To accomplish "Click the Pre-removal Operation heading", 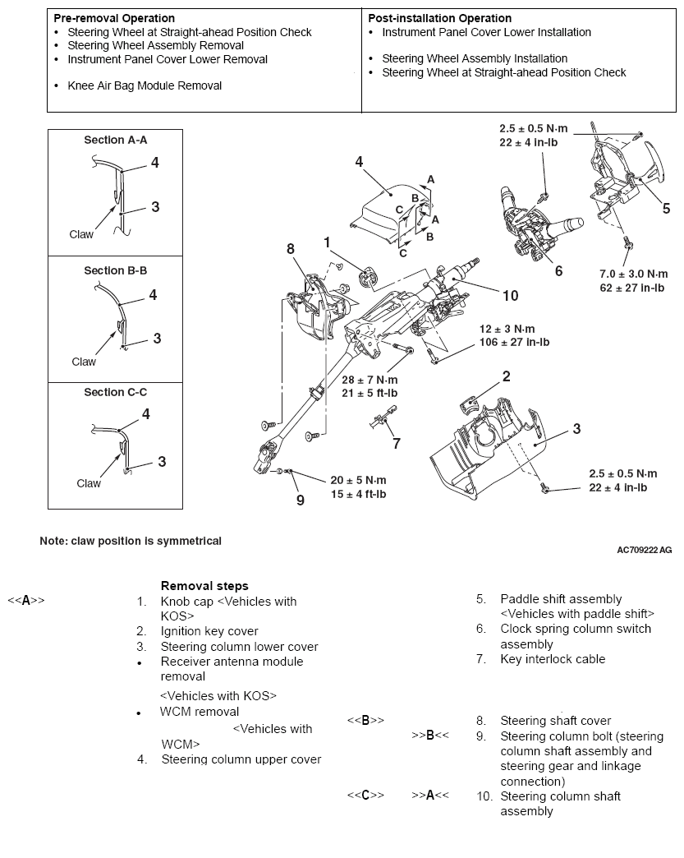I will (113, 18).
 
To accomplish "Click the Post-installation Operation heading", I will (439, 18).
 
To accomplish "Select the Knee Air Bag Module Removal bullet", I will (145, 85).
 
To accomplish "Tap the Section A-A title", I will (115, 140).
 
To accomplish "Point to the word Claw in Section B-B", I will (84, 362).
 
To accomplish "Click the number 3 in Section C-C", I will (162, 462).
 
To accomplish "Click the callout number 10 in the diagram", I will (510, 294).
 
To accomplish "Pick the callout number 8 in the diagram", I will (290, 247).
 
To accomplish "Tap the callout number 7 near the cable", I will (397, 444).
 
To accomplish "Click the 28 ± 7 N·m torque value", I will (370, 380).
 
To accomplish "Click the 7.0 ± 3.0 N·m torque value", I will (633, 274).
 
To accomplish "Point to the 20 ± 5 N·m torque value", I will (357, 480).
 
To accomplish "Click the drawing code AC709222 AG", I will (645, 550).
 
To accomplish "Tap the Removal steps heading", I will (204, 586).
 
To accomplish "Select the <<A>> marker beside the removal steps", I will (25, 601).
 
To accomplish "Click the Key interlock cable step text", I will (552, 658).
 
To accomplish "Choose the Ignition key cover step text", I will (209, 631).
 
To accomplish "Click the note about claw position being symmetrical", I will (131, 541).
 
